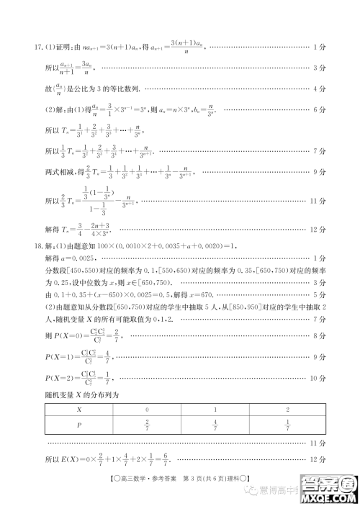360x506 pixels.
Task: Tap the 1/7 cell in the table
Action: (x=287, y=424)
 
